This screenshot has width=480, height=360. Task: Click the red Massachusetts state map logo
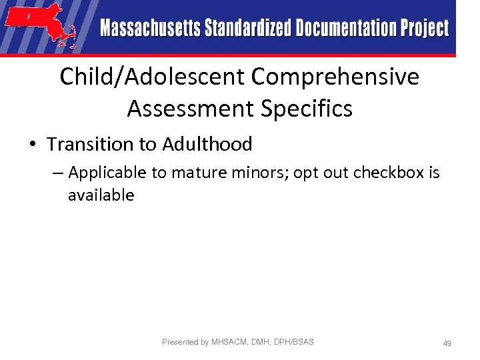point(40,27)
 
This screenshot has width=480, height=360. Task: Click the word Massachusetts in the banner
point(151,29)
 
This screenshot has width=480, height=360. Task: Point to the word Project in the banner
point(425,29)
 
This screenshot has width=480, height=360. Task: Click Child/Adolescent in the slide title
point(152,77)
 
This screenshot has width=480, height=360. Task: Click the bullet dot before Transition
point(31,145)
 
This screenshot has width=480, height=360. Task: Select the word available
point(101,195)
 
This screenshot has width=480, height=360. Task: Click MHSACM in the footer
point(230,342)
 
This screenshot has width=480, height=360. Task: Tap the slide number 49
point(447,343)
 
